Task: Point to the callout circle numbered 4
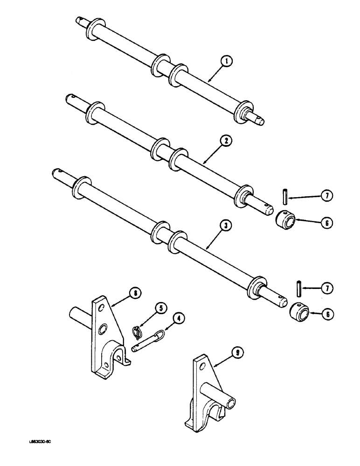178,319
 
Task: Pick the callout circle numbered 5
161,308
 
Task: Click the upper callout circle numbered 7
328,196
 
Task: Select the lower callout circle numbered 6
327,315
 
